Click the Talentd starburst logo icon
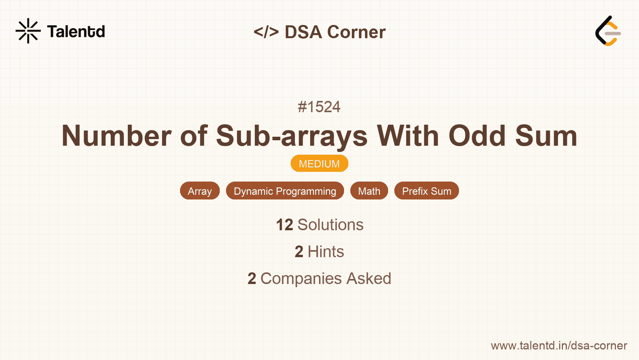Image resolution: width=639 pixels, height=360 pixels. click(28, 31)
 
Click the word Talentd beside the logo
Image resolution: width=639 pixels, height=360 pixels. click(76, 32)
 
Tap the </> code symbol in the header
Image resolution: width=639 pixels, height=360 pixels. click(266, 32)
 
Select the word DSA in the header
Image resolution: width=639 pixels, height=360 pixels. click(303, 32)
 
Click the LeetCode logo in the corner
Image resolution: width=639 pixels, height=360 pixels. click(608, 31)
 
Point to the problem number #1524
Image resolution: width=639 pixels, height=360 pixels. click(319, 107)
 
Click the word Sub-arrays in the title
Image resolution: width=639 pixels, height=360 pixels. click(291, 136)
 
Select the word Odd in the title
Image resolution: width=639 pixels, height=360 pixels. click(477, 136)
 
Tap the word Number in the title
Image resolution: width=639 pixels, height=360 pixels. click(117, 136)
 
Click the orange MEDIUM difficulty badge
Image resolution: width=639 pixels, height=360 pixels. click(319, 164)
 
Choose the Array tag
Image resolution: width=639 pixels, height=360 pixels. click(199, 191)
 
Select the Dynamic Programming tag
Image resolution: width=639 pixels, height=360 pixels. click(285, 191)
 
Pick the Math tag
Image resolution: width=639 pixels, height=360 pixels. click(369, 191)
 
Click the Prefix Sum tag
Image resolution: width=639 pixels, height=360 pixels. click(427, 191)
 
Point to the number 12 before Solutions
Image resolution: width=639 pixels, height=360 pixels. click(284, 225)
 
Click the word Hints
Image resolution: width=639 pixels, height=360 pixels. click(326, 252)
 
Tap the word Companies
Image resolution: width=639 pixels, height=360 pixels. click(301, 279)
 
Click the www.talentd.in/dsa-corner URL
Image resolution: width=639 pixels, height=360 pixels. click(559, 346)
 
